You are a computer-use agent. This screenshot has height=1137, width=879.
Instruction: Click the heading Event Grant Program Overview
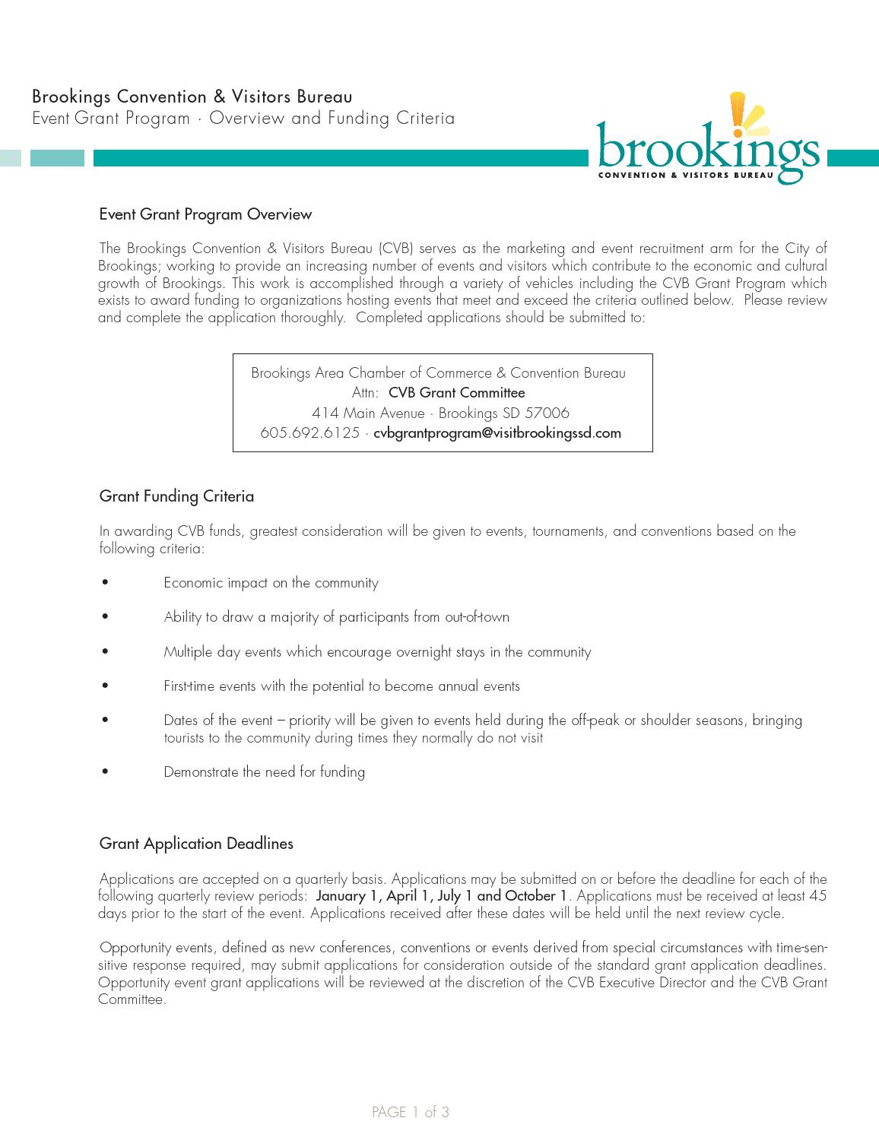pyautogui.click(x=205, y=214)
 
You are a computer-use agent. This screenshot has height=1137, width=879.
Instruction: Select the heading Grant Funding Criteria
pyautogui.click(x=176, y=496)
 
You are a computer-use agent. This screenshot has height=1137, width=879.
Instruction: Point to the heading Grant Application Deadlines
pyautogui.click(x=196, y=844)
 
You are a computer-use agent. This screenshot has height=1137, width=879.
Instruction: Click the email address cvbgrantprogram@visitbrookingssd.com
pyautogui.click(x=497, y=433)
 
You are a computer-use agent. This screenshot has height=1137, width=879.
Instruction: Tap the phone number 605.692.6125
pyautogui.click(x=309, y=433)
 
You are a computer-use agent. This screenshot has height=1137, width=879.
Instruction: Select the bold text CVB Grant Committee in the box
pyautogui.click(x=456, y=393)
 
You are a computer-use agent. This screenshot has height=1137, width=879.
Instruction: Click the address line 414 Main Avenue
pyautogui.click(x=368, y=413)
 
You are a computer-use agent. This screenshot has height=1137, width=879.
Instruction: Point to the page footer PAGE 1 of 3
pyautogui.click(x=411, y=1113)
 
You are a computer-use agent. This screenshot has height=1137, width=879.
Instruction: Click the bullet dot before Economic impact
pyautogui.click(x=105, y=583)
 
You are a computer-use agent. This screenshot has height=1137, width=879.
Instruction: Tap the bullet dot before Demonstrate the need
pyautogui.click(x=105, y=772)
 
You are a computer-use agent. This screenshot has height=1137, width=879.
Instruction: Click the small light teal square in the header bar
pyautogui.click(x=10, y=158)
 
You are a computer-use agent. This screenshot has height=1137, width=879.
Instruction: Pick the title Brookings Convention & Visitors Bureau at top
pyautogui.click(x=192, y=97)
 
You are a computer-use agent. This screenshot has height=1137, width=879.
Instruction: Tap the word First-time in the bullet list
pyautogui.click(x=189, y=686)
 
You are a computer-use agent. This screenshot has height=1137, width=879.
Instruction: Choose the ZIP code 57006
pyautogui.click(x=547, y=413)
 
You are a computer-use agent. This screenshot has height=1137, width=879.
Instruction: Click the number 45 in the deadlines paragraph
pyautogui.click(x=817, y=896)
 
